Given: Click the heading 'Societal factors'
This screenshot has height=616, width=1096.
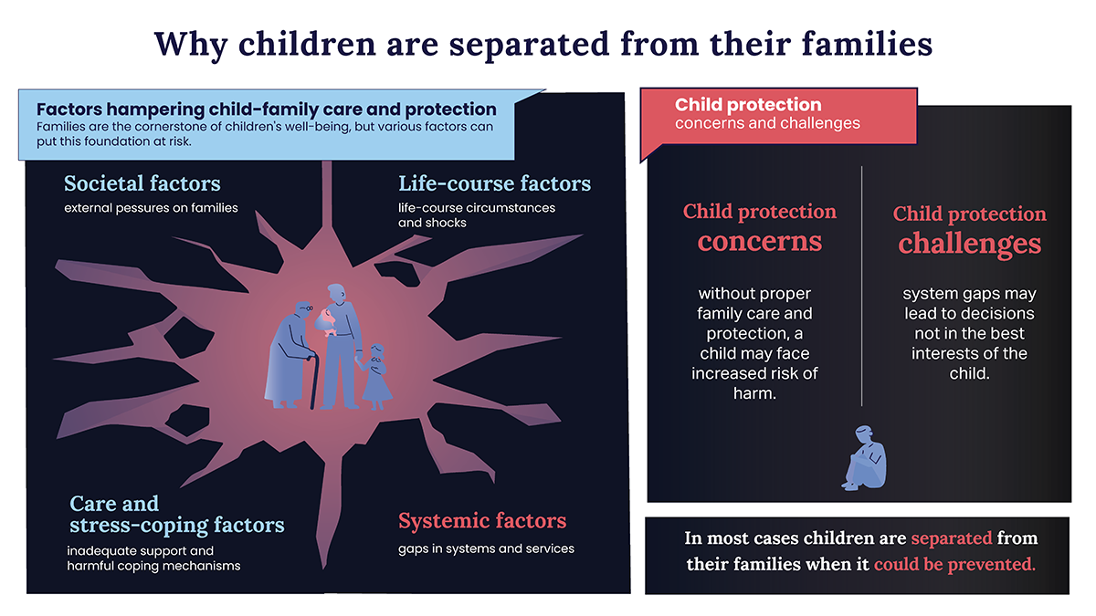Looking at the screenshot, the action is (142, 183).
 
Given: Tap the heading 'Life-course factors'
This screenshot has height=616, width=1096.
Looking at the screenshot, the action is (494, 183).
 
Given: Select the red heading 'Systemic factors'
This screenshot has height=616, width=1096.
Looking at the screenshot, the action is (482, 521).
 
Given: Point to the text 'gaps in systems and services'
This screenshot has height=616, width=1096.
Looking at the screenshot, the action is (486, 548).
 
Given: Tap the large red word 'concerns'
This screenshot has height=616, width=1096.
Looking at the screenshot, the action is (759, 241).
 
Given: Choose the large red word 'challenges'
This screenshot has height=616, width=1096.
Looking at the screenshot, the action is (969, 244).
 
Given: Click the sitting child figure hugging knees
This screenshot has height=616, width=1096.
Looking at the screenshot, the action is (864, 457).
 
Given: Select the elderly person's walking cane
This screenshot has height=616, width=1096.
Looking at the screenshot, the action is (313, 381).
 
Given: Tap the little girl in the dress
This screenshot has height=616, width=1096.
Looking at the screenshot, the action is (374, 376).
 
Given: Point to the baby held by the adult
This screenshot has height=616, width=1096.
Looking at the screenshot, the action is (325, 321).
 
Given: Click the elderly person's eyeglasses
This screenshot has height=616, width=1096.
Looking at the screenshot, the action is (306, 308).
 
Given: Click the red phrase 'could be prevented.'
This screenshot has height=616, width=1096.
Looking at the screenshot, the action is (954, 564).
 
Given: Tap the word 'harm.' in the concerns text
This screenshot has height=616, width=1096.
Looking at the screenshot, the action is (754, 393).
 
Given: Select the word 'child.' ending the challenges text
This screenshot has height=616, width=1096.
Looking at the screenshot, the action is (969, 373).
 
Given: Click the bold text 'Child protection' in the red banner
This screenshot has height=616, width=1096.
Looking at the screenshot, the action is (748, 105).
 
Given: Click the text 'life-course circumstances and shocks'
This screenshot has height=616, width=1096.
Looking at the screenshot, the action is (477, 215).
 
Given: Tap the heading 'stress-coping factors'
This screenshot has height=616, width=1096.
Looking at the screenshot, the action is (176, 525).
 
